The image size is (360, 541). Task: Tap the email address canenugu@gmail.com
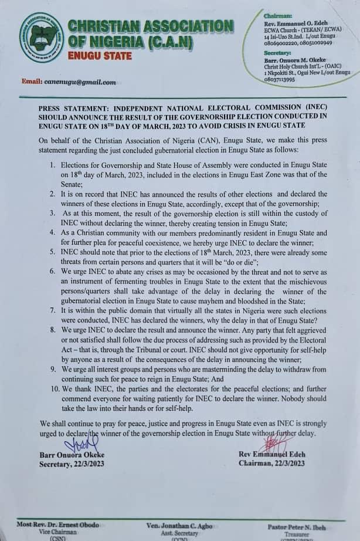pos(80,82)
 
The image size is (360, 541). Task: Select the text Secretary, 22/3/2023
pos(73,463)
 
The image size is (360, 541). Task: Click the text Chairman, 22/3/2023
pos(271,463)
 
